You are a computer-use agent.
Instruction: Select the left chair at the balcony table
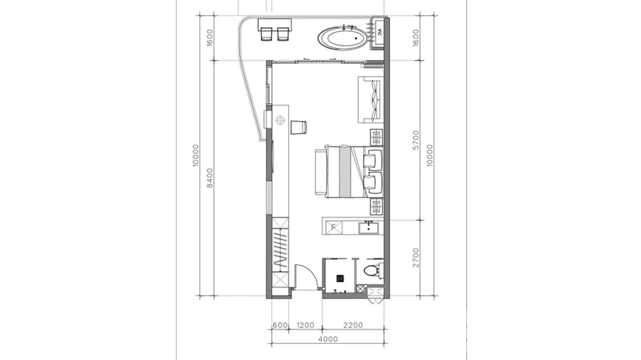click(266, 34)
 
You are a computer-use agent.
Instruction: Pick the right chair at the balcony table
click(284, 34)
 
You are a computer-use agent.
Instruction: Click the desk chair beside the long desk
click(298, 127)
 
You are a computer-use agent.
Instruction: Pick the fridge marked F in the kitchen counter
click(334, 227)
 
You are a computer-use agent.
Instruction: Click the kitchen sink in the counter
click(370, 227)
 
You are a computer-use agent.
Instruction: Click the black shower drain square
click(340, 277)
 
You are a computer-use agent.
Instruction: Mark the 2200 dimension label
click(353, 326)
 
